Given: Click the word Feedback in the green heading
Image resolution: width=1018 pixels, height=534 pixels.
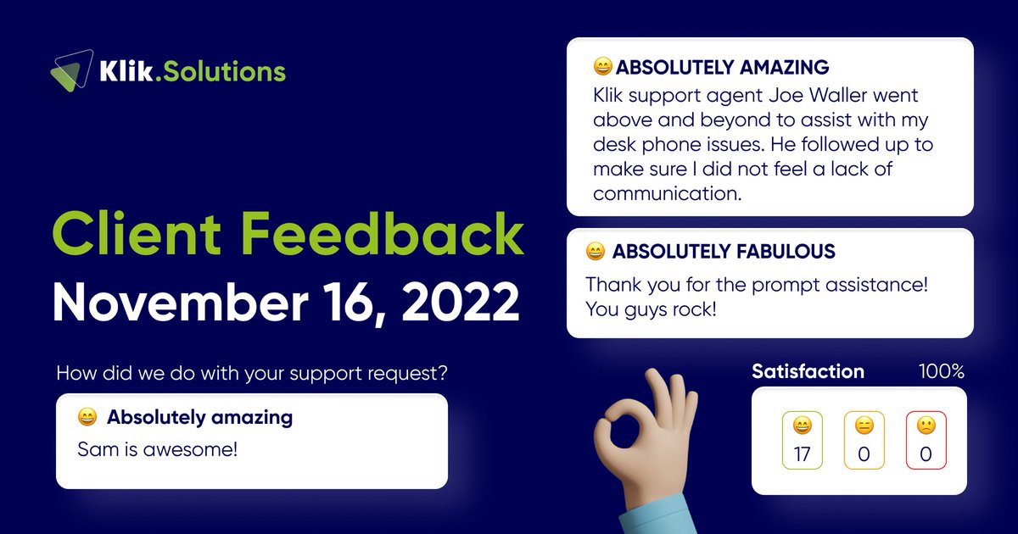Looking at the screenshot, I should [x=392, y=235].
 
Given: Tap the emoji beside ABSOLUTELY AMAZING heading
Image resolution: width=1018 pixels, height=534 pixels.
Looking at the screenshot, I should [x=602, y=67].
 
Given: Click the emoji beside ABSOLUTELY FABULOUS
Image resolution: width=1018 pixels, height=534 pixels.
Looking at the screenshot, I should [x=595, y=252].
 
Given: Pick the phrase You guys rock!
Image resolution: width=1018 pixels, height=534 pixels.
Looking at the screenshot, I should [x=651, y=309].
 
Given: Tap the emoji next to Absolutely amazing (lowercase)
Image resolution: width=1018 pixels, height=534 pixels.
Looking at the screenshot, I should [x=87, y=417].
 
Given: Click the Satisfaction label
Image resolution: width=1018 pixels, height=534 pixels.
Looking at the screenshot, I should [x=808, y=371].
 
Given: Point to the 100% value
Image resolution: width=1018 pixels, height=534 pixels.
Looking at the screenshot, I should [x=942, y=371].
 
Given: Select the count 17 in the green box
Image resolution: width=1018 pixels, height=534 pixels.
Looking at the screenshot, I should [x=802, y=454].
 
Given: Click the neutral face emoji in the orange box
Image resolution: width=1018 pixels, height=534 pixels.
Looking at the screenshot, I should [x=864, y=426].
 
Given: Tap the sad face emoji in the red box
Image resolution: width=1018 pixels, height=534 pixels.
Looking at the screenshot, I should [x=926, y=426].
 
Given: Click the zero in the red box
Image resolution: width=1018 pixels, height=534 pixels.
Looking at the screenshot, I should [x=926, y=454].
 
